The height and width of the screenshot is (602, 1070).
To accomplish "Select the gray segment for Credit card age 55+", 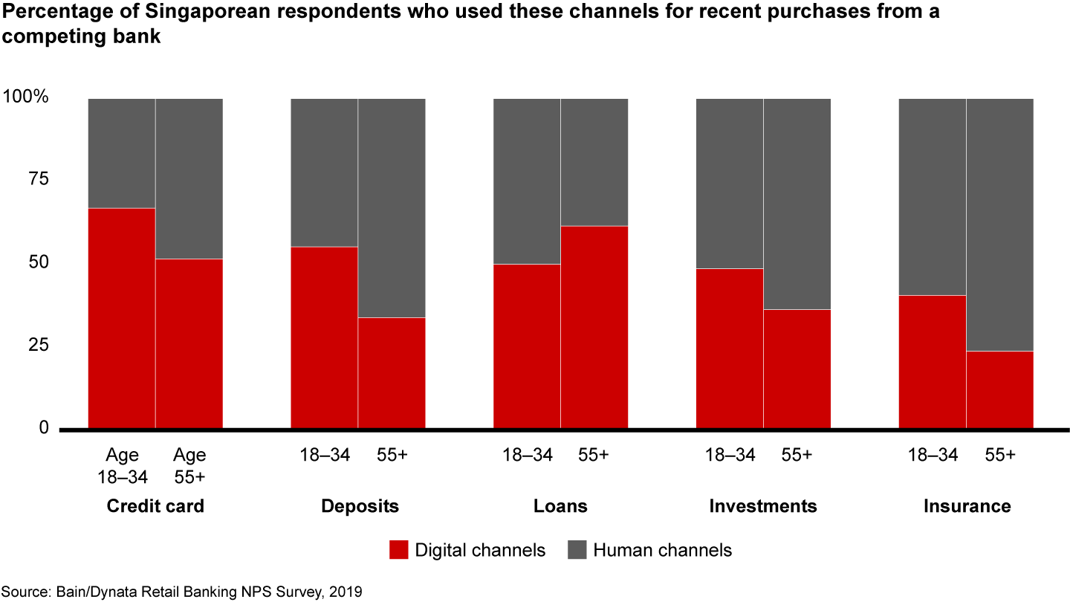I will (189, 178).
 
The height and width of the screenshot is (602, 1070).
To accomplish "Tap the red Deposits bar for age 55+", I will (392, 373).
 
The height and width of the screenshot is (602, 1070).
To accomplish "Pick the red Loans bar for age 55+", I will (594, 327).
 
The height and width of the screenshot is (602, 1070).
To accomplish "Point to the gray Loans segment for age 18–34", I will (527, 181).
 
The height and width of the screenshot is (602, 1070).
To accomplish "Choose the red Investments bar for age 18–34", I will (729, 349).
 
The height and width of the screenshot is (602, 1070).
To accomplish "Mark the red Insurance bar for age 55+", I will (999, 390).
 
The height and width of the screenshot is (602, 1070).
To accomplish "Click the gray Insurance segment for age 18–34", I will (933, 197).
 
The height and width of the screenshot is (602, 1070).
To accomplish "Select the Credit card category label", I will (155, 507).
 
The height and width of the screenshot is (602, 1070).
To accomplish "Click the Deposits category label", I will (360, 507).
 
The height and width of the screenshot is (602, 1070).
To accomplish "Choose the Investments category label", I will (763, 507).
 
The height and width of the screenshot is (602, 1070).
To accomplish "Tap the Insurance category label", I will (967, 507).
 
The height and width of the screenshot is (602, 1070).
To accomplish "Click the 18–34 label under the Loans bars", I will (527, 456).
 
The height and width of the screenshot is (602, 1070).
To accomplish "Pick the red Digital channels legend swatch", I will (399, 550).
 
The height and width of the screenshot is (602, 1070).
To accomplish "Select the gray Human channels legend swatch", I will (577, 550).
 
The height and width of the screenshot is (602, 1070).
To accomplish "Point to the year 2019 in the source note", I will (345, 592).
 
